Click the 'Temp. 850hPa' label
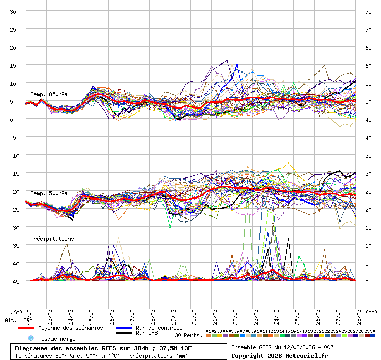(49, 94)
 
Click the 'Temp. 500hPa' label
(49, 193)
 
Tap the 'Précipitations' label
(52, 239)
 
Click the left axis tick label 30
(13, 12)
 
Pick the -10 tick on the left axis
(13, 155)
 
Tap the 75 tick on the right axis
(368, 12)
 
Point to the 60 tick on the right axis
(368, 66)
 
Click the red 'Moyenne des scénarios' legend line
(26, 328)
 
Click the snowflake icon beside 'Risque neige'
(30, 338)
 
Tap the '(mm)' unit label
(371, 312)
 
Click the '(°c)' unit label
(16, 312)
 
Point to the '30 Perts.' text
(188, 335)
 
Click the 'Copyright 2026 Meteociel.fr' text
(279, 355)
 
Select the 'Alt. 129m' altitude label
(19, 320)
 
